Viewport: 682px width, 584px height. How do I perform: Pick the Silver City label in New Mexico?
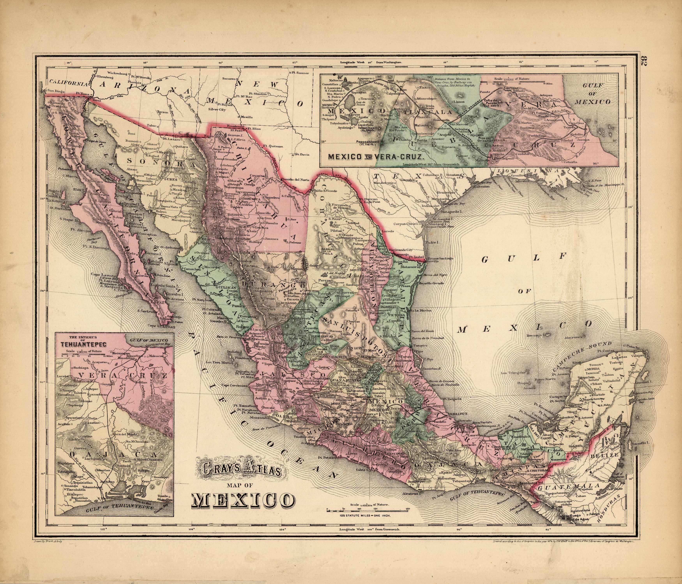pos(217,110)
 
